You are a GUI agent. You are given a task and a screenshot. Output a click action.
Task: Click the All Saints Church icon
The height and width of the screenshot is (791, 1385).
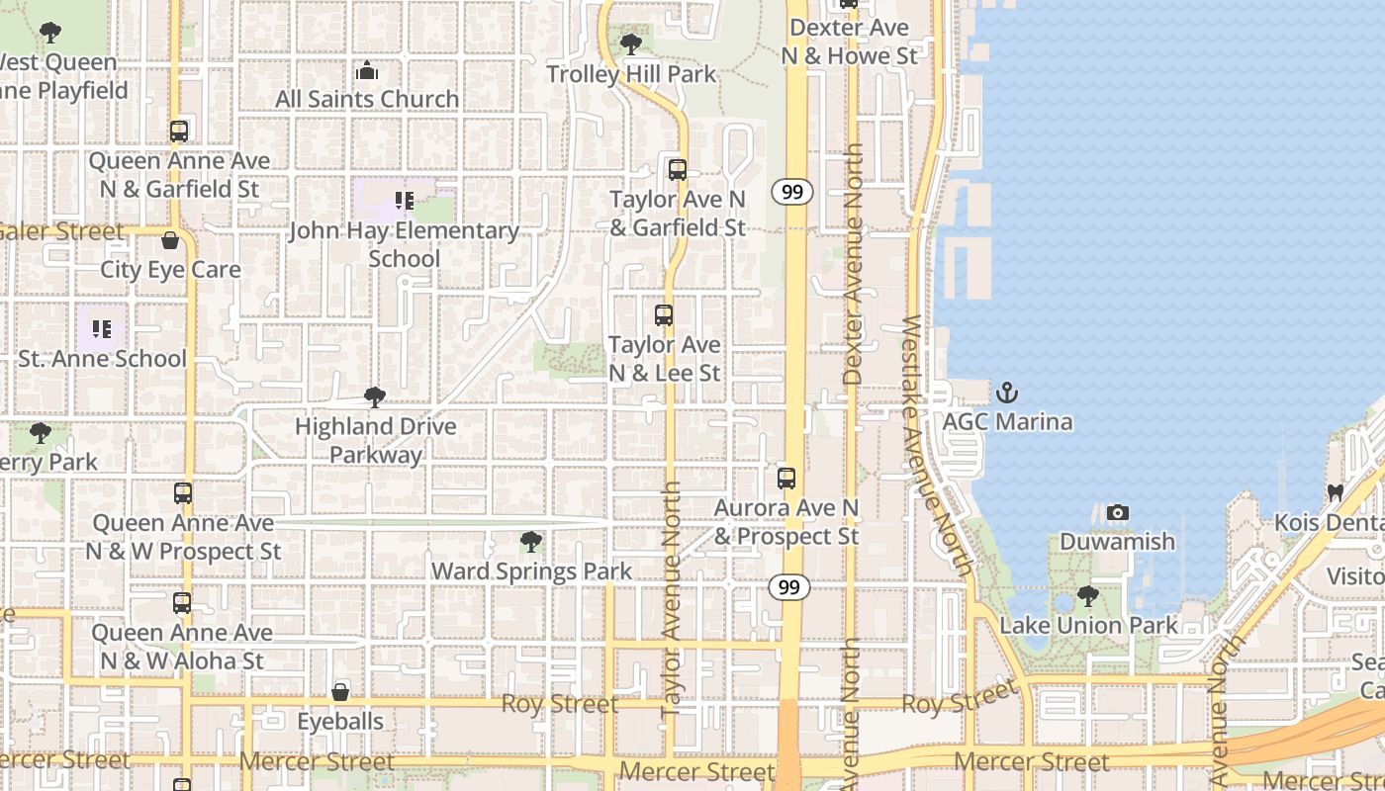367,70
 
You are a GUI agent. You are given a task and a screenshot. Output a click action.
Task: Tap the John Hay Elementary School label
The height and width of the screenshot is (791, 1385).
404,244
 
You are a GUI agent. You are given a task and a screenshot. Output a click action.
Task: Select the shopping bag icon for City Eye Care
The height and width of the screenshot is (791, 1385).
170,240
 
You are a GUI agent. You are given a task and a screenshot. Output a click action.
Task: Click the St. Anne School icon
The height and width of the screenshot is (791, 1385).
102,329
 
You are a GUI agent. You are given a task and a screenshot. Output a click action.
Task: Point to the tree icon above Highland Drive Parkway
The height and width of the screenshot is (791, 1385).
375,397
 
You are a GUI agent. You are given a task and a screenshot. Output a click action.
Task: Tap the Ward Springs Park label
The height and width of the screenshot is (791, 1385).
531,571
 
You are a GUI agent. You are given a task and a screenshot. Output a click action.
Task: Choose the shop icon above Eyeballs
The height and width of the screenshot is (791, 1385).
340,692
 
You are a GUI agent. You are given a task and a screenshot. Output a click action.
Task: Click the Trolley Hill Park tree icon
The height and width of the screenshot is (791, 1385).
630,44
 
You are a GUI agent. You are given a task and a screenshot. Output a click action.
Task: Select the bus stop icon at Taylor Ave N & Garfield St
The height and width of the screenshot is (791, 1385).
678,170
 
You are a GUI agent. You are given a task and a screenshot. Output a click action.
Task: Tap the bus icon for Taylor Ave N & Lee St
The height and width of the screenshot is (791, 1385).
664,315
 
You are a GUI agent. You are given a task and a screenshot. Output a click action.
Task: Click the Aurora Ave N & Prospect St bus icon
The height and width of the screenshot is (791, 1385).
786,479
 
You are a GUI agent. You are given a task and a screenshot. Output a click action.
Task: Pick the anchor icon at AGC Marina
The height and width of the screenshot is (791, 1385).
1006,393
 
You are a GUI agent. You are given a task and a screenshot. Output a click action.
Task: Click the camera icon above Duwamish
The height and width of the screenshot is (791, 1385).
1118,512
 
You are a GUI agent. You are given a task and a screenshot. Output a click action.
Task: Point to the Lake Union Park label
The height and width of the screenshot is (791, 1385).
1088,625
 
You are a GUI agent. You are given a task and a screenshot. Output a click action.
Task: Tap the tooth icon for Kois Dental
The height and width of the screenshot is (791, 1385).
1335,492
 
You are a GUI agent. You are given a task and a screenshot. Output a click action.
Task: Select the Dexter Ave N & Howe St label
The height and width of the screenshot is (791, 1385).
850,42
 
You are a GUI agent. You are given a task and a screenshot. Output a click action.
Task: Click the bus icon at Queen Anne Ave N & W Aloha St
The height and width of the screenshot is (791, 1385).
182,602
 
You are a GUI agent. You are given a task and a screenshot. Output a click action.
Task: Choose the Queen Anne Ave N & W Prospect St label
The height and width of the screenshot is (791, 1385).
183,537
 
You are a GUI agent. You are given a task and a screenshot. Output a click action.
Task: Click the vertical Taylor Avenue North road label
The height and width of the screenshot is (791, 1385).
673,598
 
